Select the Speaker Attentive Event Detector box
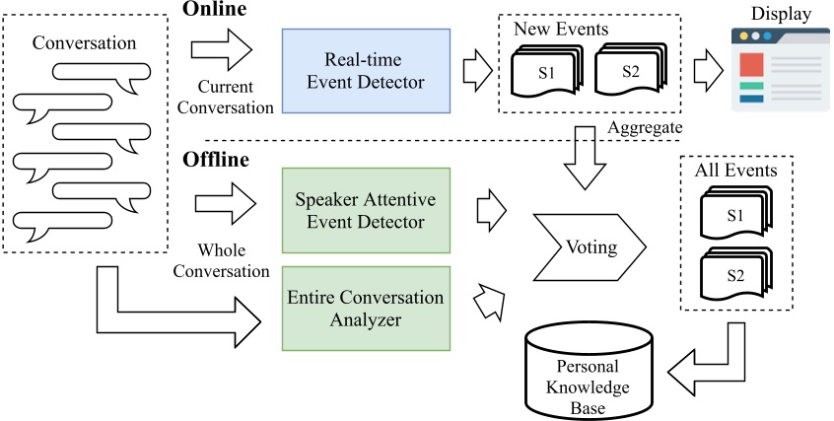366,211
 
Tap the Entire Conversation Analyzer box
366,308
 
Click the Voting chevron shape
589,246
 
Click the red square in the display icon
752,66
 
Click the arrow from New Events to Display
706,72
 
